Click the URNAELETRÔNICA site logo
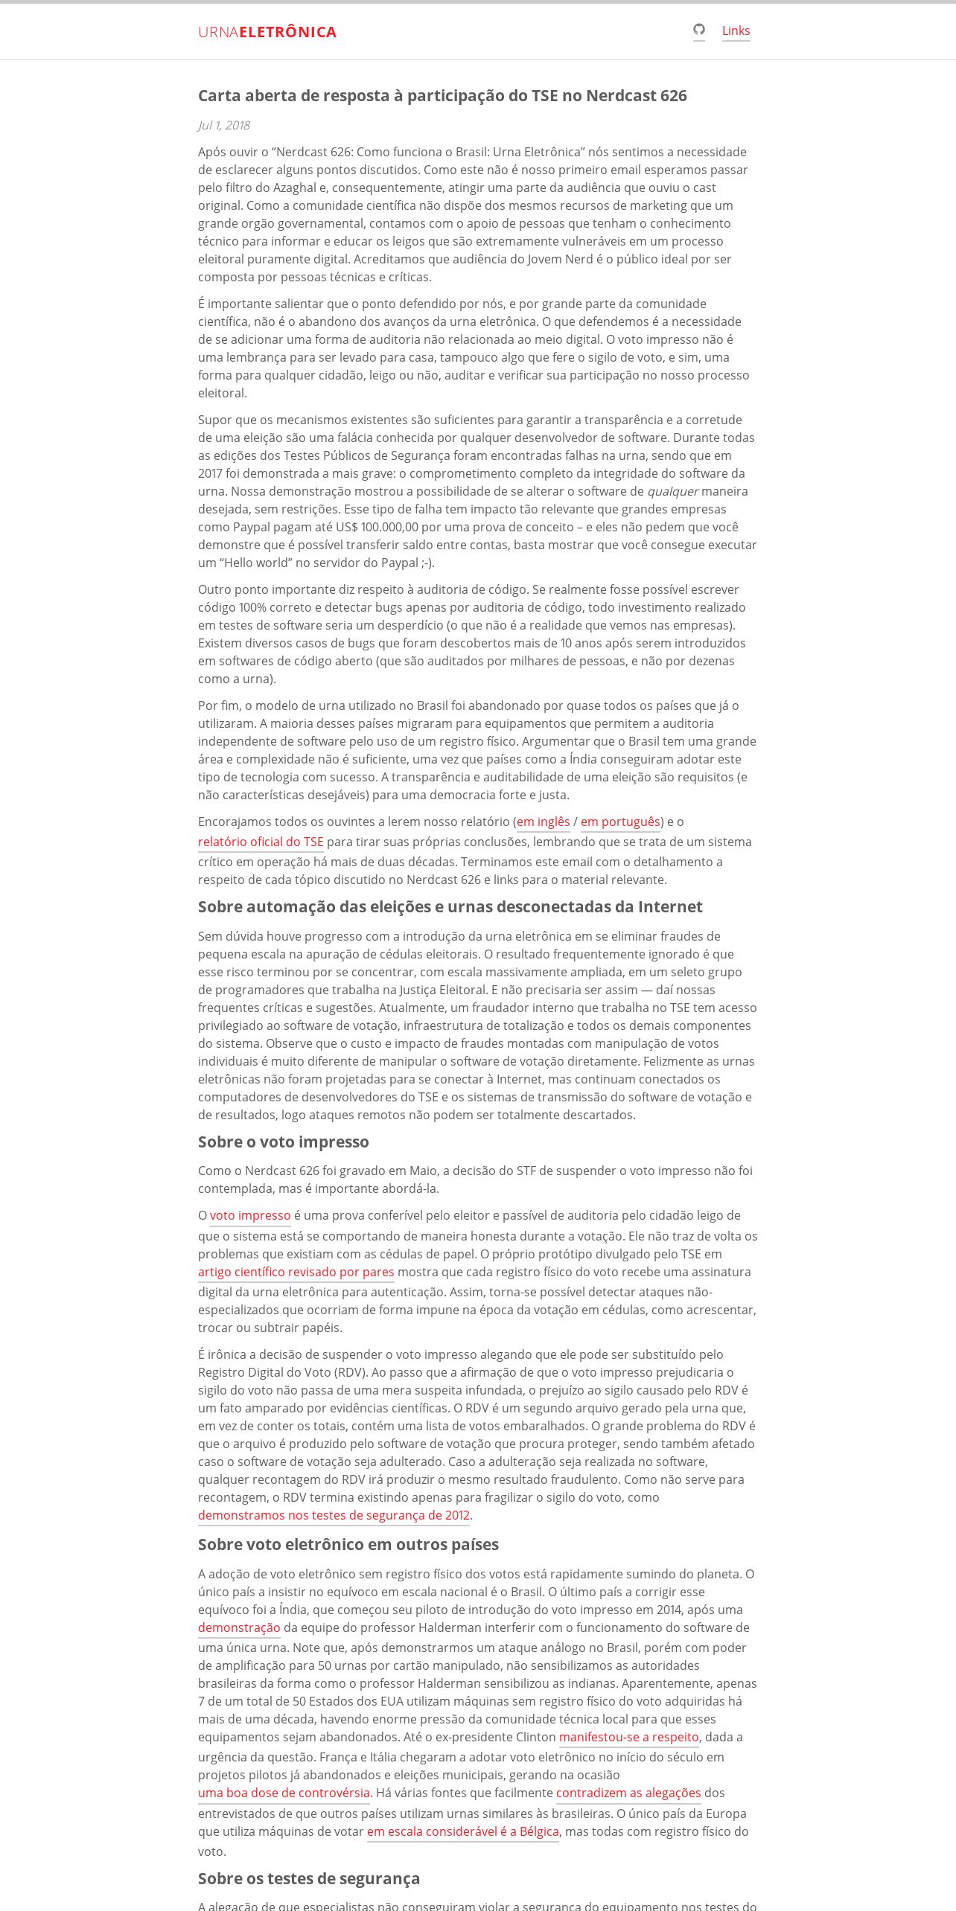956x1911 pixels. click(267, 32)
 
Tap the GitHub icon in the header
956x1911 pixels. click(698, 30)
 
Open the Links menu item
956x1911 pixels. click(736, 31)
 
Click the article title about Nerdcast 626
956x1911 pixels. click(442, 95)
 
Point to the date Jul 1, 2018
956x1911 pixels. click(224, 125)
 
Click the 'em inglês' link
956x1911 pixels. click(543, 822)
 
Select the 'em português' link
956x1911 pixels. click(620, 822)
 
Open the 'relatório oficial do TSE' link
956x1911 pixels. click(261, 842)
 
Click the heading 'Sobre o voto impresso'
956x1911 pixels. click(284, 1142)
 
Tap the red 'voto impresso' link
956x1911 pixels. click(250, 1215)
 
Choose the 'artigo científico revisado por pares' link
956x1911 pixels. click(296, 1272)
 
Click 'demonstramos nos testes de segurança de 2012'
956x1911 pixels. click(334, 1515)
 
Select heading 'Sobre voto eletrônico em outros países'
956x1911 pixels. click(348, 1544)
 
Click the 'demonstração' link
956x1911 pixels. click(239, 1627)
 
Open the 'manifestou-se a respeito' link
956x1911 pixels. click(629, 1737)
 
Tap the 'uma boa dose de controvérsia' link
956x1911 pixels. click(284, 1793)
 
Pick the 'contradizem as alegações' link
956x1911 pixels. click(628, 1793)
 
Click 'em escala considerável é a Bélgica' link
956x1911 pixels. click(462, 1831)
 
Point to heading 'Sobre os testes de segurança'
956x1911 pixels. click(309, 1878)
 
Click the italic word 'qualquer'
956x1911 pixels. click(672, 491)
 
